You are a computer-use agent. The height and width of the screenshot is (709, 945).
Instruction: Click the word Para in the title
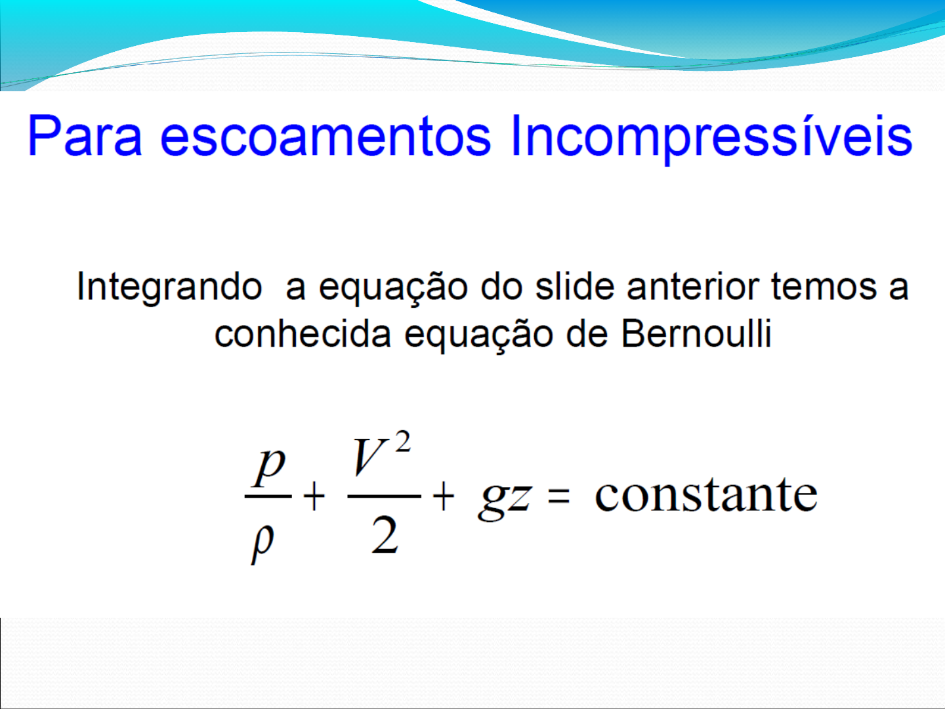click(x=85, y=135)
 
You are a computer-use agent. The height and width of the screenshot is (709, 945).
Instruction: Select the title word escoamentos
click(x=325, y=136)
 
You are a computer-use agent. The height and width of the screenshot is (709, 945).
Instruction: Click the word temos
click(x=824, y=288)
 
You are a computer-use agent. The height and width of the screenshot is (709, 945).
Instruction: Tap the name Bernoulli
click(x=696, y=333)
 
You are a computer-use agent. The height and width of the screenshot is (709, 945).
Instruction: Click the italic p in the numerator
click(x=270, y=468)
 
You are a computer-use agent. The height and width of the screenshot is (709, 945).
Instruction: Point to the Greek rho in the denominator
click(x=262, y=545)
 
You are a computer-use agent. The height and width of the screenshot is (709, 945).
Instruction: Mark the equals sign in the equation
click(x=558, y=497)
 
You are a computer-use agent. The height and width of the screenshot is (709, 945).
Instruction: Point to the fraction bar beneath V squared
click(x=384, y=496)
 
